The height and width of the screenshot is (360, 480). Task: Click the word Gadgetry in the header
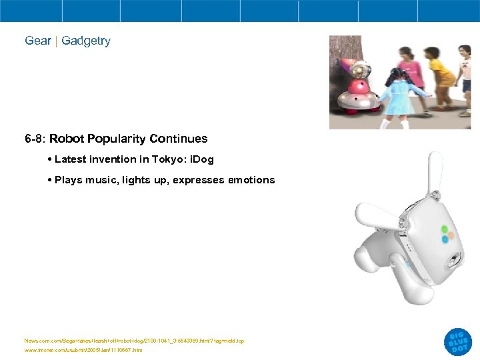click(86, 41)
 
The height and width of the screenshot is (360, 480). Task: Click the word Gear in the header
click(38, 41)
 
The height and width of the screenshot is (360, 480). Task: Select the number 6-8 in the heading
click(34, 139)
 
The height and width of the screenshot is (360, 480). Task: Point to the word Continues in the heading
click(179, 139)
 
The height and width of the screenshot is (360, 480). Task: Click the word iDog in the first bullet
click(201, 160)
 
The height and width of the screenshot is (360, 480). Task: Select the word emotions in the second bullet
click(251, 180)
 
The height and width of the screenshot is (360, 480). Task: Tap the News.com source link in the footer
click(134, 341)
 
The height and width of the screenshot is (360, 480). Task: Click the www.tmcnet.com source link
click(83, 350)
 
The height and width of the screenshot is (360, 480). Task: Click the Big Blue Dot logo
click(458, 341)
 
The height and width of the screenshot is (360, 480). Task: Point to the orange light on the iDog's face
click(451, 234)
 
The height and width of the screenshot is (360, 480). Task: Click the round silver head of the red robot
click(361, 68)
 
